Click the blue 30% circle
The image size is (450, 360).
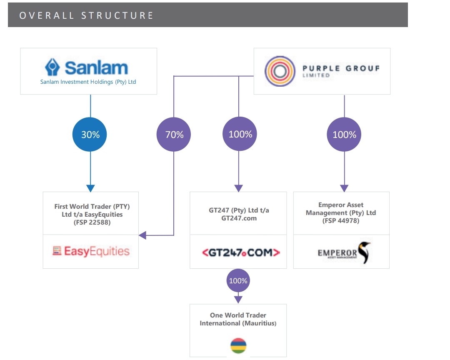(90, 135)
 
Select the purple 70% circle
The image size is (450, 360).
(174, 135)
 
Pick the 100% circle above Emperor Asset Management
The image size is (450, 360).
(344, 135)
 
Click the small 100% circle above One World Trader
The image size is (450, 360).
(238, 281)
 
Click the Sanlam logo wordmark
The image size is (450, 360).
(96, 67)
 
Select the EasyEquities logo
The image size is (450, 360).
(91, 251)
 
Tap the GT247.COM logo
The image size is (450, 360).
(241, 252)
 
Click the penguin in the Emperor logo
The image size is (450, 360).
(365, 253)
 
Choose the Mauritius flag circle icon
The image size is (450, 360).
(238, 346)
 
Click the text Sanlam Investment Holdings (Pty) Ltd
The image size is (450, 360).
(88, 82)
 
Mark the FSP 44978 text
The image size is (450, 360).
(341, 220)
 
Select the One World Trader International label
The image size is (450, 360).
(238, 319)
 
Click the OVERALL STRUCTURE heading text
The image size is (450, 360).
(87, 15)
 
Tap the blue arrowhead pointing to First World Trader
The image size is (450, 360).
(90, 188)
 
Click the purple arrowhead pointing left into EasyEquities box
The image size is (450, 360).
(142, 235)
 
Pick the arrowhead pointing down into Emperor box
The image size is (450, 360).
(344, 188)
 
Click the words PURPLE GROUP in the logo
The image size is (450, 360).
(341, 68)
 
